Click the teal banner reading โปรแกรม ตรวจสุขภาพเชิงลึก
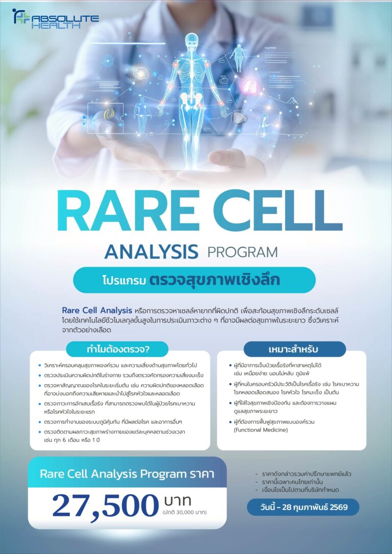[x=194, y=280]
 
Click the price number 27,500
[x=105, y=506]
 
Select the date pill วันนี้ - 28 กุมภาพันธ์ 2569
[x=303, y=507]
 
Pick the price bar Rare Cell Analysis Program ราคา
[x=127, y=473]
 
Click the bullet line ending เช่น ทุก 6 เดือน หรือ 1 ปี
[x=77, y=439]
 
